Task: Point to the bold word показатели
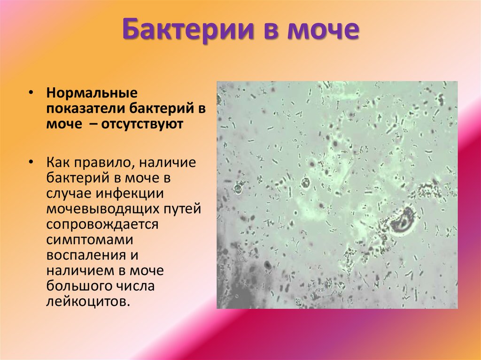coord(82,108)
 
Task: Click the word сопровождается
coord(102,224)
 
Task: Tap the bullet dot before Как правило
coord(30,162)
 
